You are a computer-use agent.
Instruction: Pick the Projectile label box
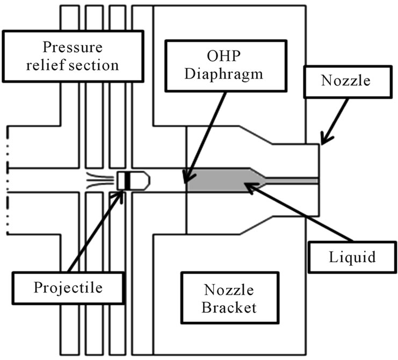click(67, 287)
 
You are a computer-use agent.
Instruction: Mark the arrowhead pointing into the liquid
click(248, 185)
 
